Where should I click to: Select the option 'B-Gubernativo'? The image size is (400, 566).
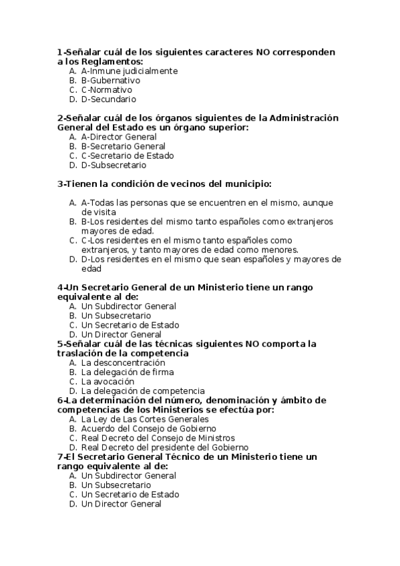(110, 80)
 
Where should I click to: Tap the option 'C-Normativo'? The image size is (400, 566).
(106, 89)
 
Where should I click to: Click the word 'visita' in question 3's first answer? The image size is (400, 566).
(104, 212)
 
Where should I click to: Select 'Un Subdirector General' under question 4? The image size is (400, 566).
(128, 306)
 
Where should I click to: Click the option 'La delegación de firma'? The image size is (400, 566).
(127, 372)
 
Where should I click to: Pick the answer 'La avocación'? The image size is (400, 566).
(107, 381)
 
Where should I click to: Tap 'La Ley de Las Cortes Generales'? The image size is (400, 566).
(144, 419)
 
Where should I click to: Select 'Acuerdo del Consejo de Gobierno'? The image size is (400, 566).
(148, 429)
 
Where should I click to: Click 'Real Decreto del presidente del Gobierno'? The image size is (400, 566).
(164, 447)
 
